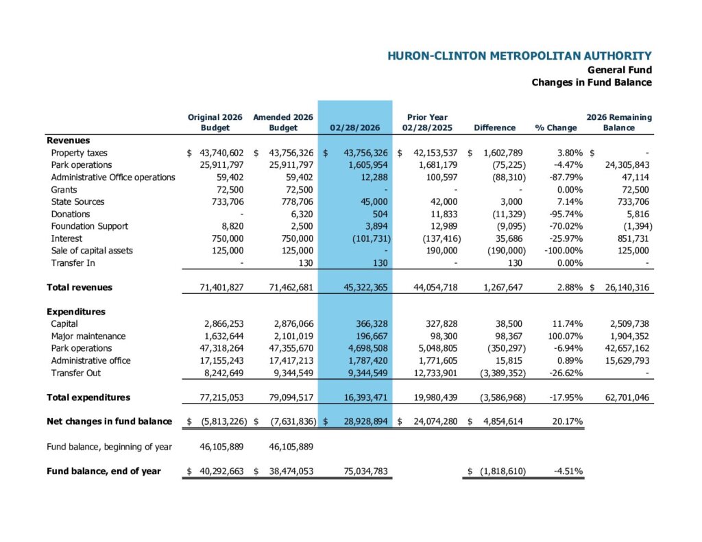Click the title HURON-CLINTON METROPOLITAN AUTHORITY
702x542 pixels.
coord(519,56)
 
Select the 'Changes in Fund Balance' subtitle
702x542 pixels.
coord(592,82)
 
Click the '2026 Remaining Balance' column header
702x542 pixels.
coord(619,123)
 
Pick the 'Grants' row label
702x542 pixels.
coord(64,190)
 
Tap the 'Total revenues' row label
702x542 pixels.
coord(80,288)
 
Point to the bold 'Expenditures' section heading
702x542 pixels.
coord(75,312)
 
